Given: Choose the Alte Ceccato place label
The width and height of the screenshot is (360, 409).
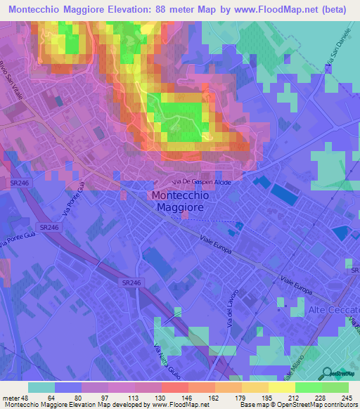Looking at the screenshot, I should pyautogui.click(x=334, y=310).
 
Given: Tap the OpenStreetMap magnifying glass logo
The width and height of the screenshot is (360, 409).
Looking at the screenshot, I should pyautogui.click(x=327, y=374).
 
